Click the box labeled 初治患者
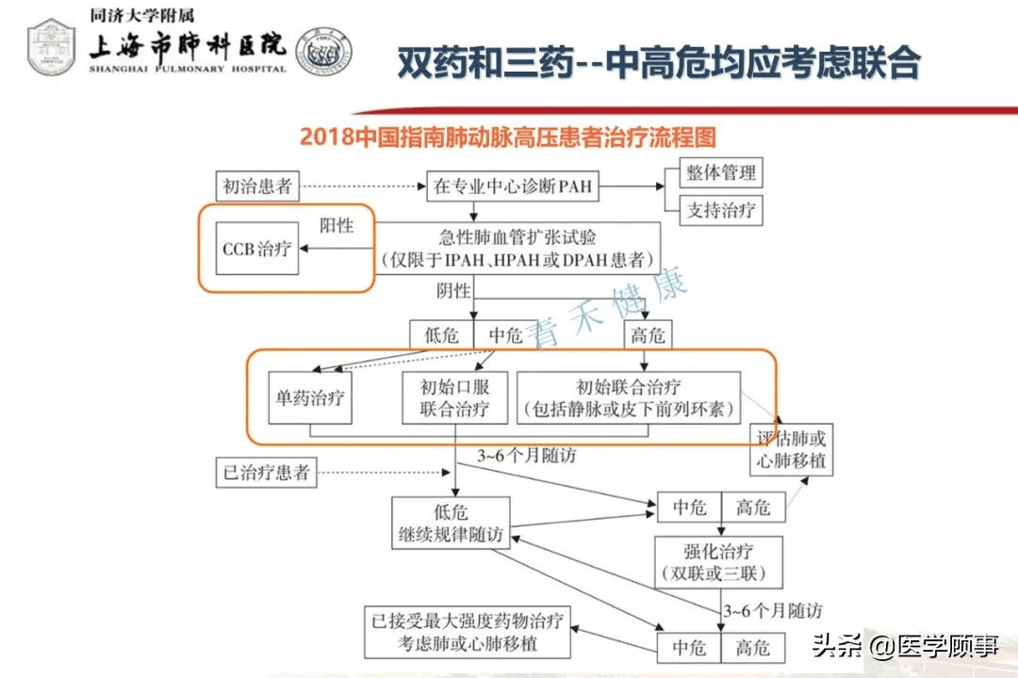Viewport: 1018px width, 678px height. tap(257, 186)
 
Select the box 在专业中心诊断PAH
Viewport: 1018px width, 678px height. tap(512, 186)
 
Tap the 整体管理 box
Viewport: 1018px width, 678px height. tap(721, 172)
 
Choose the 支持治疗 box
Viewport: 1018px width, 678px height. tap(721, 210)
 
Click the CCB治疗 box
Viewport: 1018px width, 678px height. tap(257, 249)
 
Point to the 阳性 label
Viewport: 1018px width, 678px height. tap(337, 225)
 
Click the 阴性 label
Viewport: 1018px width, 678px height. tap(453, 290)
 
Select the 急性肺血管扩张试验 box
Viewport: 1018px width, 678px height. tap(517, 249)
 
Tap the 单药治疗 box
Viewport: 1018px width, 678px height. tap(310, 397)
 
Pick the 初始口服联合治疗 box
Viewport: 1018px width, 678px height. tap(454, 397)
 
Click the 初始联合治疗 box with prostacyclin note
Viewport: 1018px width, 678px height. tap(629, 397)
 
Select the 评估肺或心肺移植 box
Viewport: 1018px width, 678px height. tap(792, 450)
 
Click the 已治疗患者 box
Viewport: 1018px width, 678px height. tap(266, 473)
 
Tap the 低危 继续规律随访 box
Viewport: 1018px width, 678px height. tap(451, 523)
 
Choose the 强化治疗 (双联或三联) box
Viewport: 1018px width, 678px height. tap(718, 562)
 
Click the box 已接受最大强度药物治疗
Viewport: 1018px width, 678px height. tap(468, 633)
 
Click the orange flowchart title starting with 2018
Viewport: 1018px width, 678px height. tap(508, 137)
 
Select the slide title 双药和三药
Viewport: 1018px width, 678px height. tap(658, 62)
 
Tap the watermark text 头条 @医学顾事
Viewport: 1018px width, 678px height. tap(905, 646)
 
